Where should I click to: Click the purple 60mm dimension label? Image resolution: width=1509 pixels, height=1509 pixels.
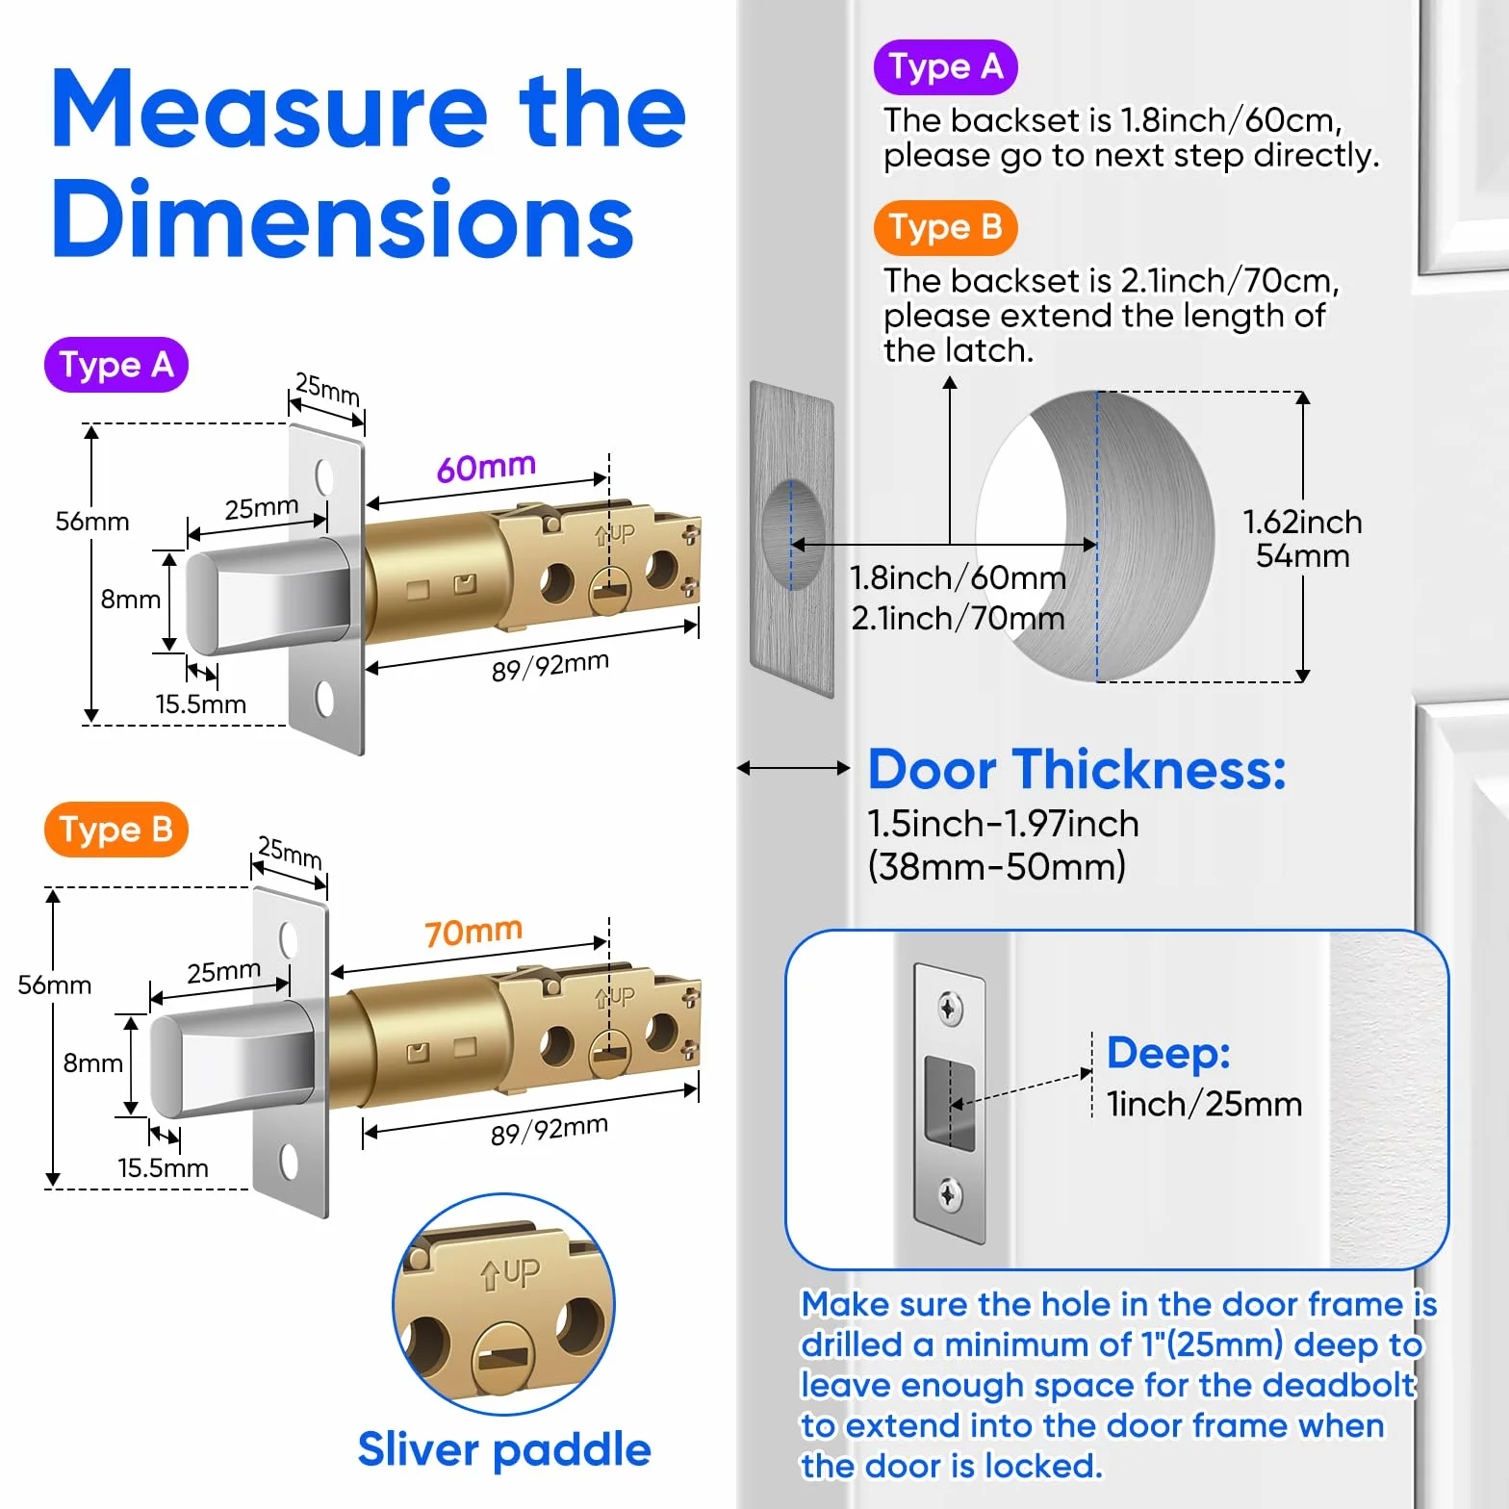click(486, 467)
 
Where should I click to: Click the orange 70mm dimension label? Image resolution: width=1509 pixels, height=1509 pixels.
click(473, 932)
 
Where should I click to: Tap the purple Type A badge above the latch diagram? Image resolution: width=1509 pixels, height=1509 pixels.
click(115, 365)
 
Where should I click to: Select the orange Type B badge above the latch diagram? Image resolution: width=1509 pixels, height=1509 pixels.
click(115, 830)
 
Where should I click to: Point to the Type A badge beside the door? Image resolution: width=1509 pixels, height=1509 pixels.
click(945, 67)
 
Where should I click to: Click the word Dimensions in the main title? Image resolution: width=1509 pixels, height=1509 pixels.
click(343, 219)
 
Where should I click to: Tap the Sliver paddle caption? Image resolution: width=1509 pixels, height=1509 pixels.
click(504, 1449)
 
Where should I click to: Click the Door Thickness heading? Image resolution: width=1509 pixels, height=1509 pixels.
click(1077, 770)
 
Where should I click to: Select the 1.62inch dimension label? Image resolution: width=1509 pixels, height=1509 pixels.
click(1302, 522)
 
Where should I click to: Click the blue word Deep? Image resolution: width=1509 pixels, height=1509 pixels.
click(1168, 1053)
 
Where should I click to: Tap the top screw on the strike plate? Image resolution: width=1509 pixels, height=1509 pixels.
click(950, 1009)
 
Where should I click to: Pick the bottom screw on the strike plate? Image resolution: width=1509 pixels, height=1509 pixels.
click(949, 1195)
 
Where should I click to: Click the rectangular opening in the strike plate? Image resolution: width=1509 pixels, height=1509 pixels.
click(950, 1103)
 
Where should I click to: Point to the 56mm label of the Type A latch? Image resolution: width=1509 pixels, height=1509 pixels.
click(92, 522)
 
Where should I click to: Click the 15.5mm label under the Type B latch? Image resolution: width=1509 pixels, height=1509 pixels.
click(163, 1168)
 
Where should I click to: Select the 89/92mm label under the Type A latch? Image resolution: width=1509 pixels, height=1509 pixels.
click(550, 666)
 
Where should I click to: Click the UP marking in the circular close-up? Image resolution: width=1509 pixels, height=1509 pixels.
click(511, 1274)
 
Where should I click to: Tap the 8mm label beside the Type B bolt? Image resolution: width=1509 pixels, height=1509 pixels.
click(93, 1063)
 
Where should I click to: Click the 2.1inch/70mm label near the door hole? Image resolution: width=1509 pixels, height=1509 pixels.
click(958, 618)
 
